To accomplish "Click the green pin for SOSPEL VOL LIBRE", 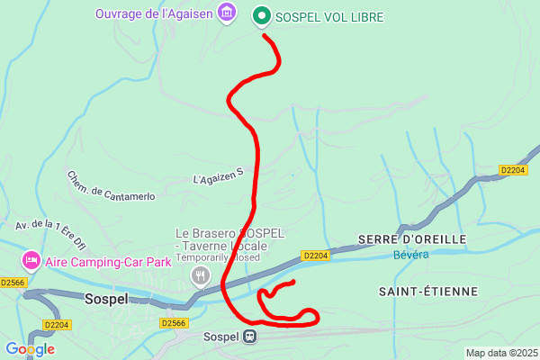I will pos(262,16).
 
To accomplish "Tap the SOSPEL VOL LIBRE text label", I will pos(328,17).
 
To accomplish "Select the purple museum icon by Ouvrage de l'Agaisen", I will pos(226,13).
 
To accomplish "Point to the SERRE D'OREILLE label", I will pos(411,238).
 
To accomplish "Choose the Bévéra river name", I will pos(411,255).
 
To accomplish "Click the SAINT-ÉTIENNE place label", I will pos(427,291).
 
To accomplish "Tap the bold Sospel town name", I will pos(107,299).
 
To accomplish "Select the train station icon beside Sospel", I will pos(250,337).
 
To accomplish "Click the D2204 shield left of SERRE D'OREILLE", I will pos(315,256).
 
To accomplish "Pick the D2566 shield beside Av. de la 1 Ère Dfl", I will pos(13,282).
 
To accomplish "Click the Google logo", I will pos(30,349).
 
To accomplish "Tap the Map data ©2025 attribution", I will pos(501,352).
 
